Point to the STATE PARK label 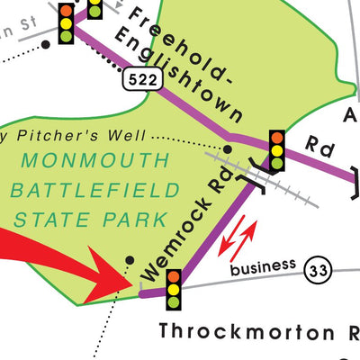click(x=89, y=219)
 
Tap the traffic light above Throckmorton click(x=171, y=290)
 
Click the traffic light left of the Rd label click(x=276, y=150)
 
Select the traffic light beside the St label click(x=67, y=23)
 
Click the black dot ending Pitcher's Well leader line click(x=227, y=148)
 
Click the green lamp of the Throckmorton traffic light click(x=171, y=303)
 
